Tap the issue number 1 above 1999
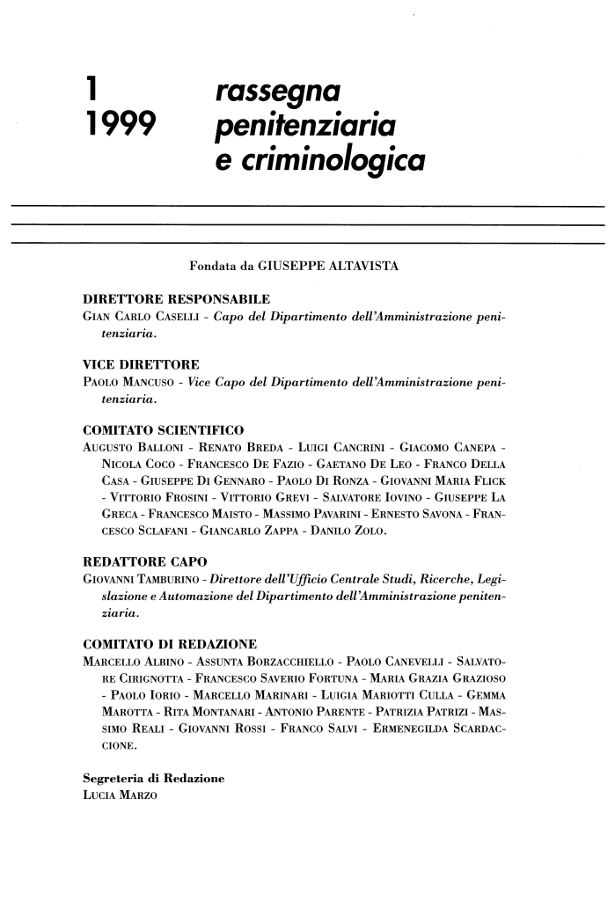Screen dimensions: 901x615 click(x=86, y=90)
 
